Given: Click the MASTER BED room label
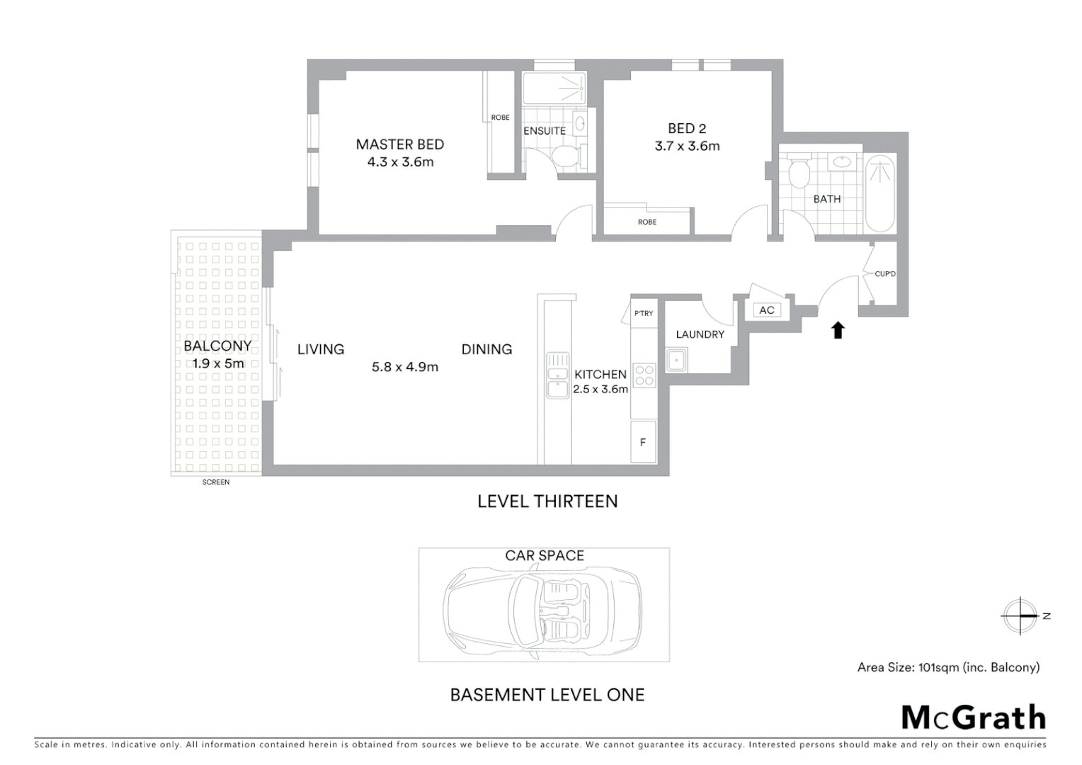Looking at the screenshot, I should click(x=399, y=144).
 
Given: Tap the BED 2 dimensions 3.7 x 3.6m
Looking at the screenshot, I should click(x=687, y=147).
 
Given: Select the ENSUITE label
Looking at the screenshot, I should click(x=544, y=131).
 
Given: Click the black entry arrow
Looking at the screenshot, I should click(x=838, y=330).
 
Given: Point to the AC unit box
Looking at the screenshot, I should click(x=766, y=310).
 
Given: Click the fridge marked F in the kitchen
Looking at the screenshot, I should click(x=643, y=443).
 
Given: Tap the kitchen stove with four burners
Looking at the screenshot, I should click(x=644, y=375).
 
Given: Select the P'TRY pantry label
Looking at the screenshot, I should click(x=643, y=314).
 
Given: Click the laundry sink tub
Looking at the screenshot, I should click(x=676, y=361).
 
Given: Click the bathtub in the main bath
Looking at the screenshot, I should click(x=880, y=194).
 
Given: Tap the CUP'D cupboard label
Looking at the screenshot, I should click(x=884, y=274).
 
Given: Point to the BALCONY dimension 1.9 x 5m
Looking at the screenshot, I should click(x=218, y=364).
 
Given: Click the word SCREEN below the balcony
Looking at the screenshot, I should click(x=216, y=482).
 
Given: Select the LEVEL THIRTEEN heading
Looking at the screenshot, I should click(x=547, y=501).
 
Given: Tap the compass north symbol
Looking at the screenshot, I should click(x=1020, y=616).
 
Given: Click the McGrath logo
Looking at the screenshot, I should click(x=973, y=718).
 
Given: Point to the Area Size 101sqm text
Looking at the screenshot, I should click(x=948, y=667).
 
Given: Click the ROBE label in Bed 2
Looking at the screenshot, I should click(x=647, y=222).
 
